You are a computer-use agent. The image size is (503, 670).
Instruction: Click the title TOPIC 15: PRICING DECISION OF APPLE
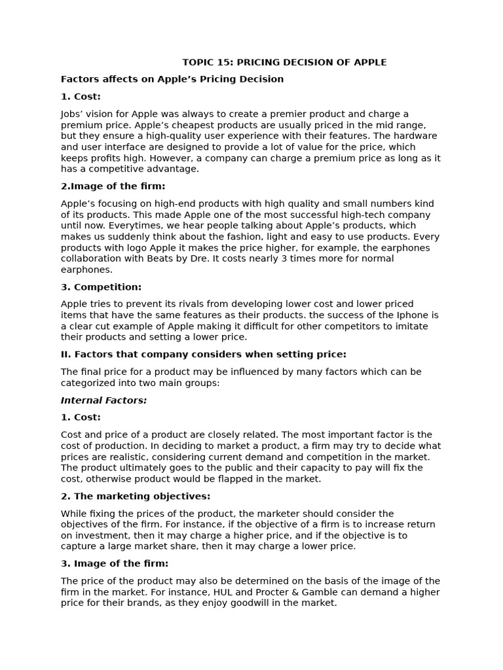point(284,62)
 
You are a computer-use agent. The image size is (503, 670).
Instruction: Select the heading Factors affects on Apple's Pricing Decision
point(172,79)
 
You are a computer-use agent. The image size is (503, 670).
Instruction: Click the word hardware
point(411,135)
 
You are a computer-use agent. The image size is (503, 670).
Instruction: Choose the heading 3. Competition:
point(101,287)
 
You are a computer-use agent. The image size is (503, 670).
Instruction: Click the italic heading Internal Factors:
point(103,400)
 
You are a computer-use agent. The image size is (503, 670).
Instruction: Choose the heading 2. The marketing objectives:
point(136,496)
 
